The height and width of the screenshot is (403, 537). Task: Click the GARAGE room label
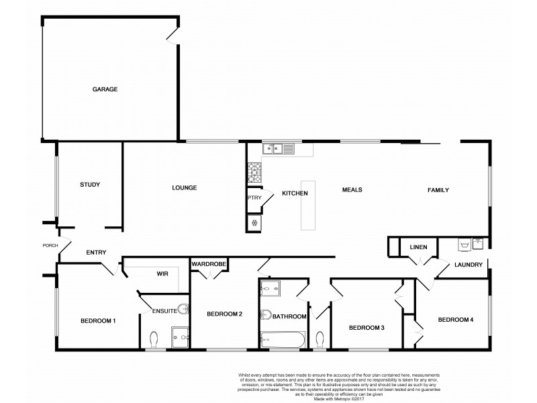105,89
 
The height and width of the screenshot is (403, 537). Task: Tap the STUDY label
90,184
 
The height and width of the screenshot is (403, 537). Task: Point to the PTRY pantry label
254,197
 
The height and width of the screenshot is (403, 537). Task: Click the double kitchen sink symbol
277,148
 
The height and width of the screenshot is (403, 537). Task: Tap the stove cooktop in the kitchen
255,173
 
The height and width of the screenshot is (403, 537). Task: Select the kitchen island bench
308,205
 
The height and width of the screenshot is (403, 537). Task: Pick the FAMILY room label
438,190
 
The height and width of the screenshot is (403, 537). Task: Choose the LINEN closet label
418,248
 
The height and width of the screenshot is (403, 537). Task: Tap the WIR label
162,274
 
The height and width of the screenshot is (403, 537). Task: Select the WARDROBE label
208,265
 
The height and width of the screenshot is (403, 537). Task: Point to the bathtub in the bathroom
283,339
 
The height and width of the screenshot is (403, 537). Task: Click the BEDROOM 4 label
456,320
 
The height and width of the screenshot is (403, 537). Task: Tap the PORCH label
50,245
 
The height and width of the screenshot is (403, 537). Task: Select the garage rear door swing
173,36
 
